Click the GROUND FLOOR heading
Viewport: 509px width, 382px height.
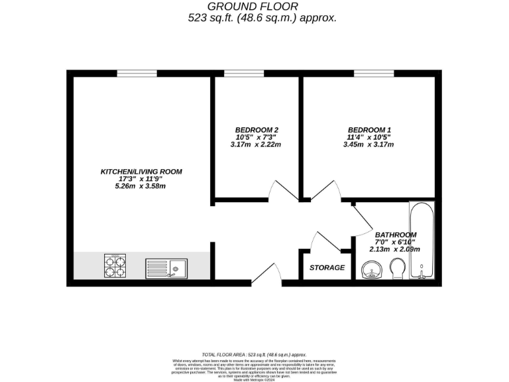click(254, 6)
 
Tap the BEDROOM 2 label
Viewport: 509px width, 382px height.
click(256, 129)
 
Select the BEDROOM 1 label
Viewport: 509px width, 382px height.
click(369, 129)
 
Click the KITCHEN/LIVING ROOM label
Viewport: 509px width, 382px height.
click(141, 172)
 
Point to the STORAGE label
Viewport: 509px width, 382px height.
click(327, 268)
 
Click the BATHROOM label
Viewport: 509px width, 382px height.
click(396, 235)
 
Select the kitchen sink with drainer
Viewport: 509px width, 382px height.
click(166, 268)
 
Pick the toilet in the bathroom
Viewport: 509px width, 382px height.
click(398, 269)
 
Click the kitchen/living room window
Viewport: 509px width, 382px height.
click(137, 73)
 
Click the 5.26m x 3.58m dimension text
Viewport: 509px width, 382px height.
click(140, 186)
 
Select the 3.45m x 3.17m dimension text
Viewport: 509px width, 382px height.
click(368, 145)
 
